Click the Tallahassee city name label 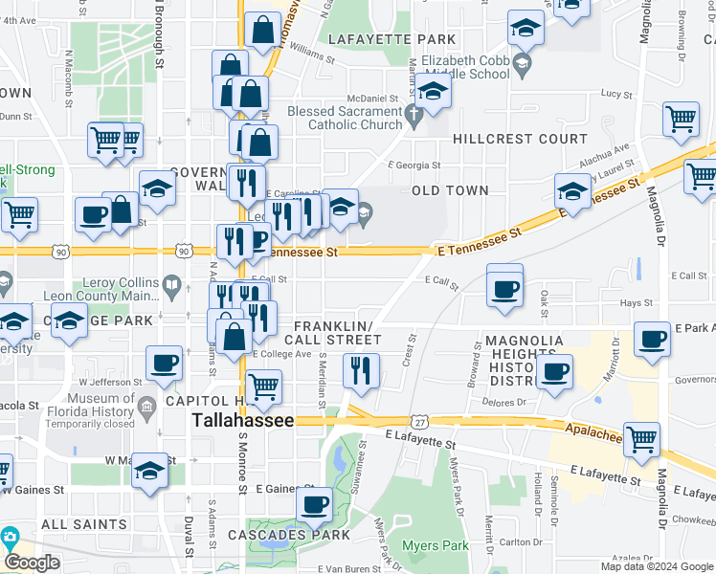coord(243,420)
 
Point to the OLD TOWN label coord(450,190)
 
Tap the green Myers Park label coord(437,546)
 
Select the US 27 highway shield coord(419,421)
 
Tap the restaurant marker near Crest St coord(361,371)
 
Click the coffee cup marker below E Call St coord(504,286)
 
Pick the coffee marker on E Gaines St coord(313,503)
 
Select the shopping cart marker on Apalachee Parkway coord(641,438)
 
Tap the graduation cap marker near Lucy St coord(433,92)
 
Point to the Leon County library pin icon coord(170,284)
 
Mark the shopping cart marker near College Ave coord(263,387)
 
